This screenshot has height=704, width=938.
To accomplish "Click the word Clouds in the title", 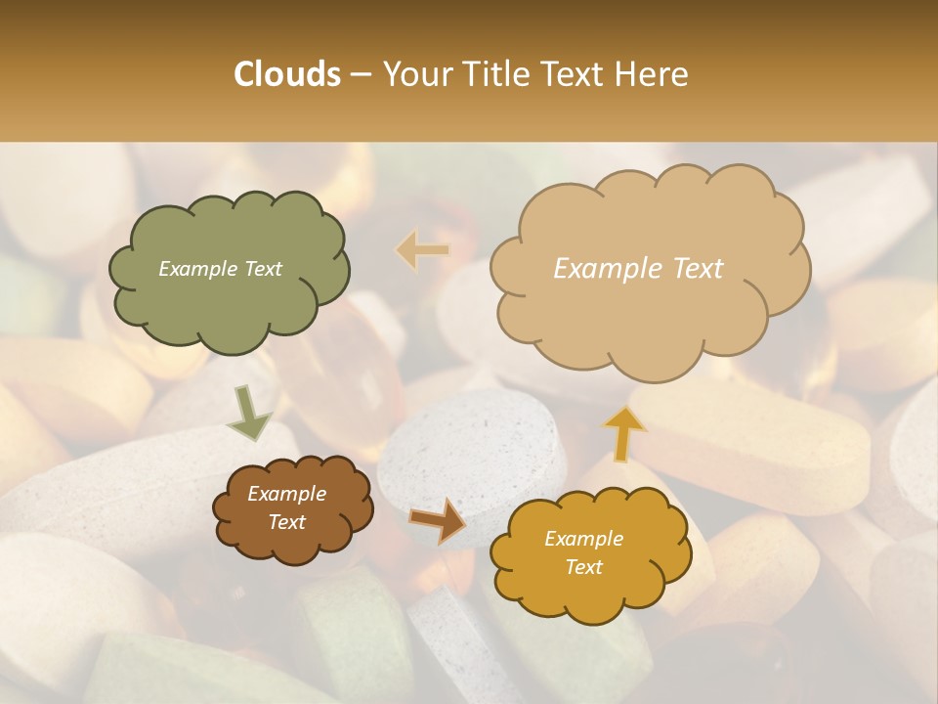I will pos(287,74).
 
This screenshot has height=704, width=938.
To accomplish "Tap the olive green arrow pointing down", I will pos(248,415).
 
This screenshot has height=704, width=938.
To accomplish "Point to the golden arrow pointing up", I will pos(623,432).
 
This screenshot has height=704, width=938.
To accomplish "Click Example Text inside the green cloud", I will pos(220,269).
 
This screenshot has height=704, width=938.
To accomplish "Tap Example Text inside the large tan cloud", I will pos(638,269).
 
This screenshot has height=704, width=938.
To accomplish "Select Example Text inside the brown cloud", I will pos(286,508).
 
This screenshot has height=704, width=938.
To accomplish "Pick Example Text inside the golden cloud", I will pos(583,553).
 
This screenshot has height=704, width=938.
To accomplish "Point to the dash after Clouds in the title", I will pos(361,74).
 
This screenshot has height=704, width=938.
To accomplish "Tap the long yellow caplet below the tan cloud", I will pos(772,440).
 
